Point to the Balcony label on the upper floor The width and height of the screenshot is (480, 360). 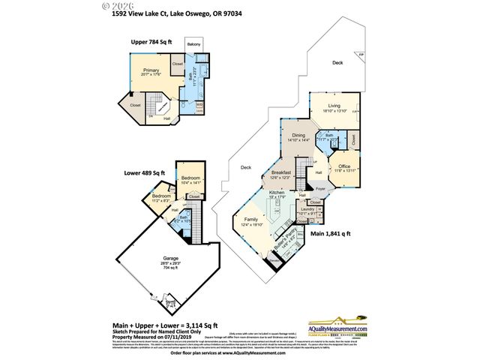[x=192, y=52]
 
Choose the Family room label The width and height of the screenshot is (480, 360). [x=250, y=220]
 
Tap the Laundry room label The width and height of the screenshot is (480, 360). [x=307, y=211]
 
